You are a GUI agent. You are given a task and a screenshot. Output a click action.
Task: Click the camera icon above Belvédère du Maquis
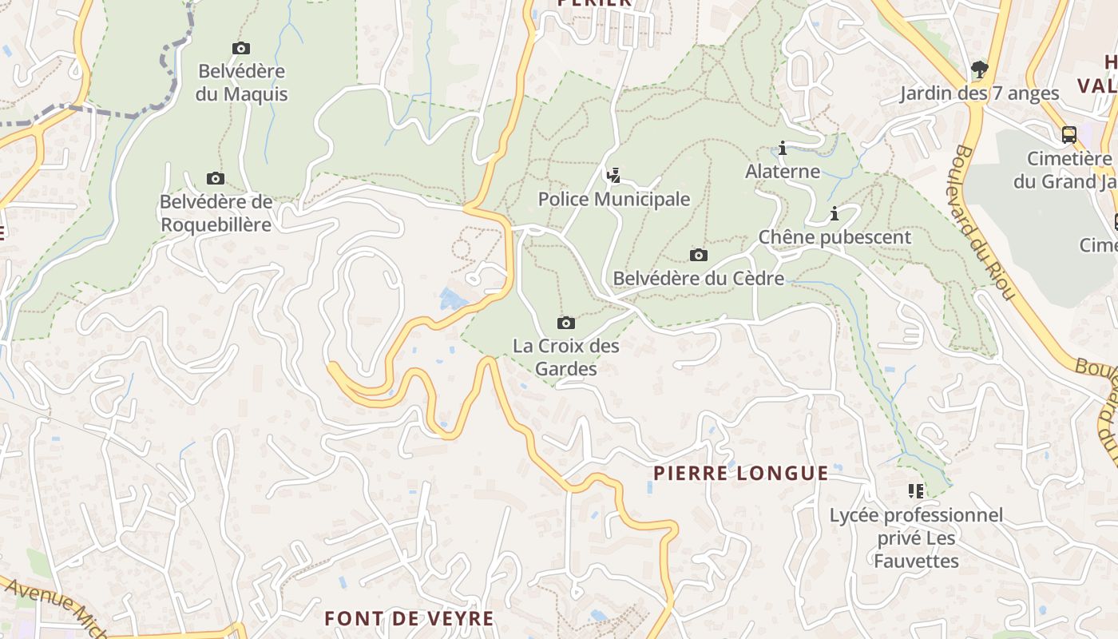click(241, 49)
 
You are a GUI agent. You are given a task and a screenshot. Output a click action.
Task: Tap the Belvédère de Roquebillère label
click(216, 213)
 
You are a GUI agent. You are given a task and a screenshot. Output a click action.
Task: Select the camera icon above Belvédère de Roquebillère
click(215, 179)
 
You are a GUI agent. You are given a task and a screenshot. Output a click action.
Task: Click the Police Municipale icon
click(613, 176)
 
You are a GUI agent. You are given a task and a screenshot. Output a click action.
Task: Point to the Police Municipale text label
click(613, 199)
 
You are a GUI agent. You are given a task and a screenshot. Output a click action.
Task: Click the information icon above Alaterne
click(783, 148)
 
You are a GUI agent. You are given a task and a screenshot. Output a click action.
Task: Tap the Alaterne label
click(783, 171)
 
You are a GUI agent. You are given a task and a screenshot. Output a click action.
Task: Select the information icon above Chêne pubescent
click(835, 214)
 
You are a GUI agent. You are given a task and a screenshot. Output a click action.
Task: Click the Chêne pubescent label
click(835, 237)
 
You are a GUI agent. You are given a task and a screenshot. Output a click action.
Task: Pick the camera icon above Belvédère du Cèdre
click(699, 256)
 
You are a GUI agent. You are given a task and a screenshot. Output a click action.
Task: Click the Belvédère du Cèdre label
click(699, 279)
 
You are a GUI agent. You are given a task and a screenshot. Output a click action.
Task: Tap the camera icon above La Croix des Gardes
click(566, 323)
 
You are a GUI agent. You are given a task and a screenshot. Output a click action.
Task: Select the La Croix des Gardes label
click(566, 357)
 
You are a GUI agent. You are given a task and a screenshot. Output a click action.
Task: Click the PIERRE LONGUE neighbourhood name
click(741, 473)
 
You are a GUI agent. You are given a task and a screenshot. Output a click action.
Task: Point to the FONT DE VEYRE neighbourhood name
click(409, 618)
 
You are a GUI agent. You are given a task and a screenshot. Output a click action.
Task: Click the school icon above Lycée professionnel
click(916, 490)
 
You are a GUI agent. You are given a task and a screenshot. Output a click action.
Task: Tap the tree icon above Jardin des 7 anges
click(980, 69)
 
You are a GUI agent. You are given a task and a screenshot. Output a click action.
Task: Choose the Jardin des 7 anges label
click(980, 93)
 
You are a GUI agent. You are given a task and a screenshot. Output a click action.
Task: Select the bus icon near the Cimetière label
click(1069, 135)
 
